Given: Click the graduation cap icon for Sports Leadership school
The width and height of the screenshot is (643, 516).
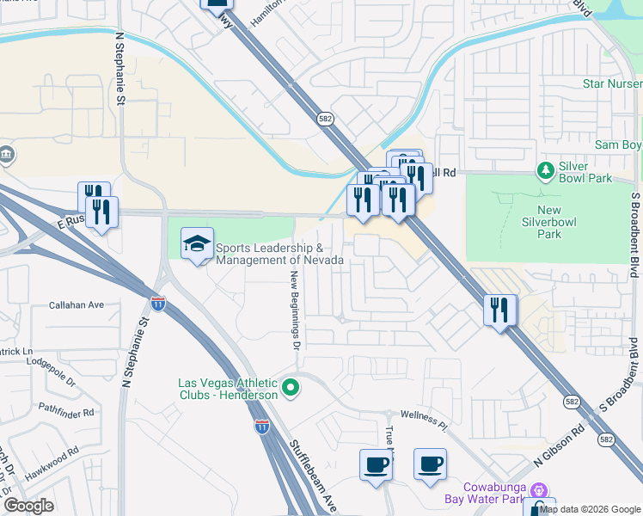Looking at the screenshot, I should (x=197, y=243).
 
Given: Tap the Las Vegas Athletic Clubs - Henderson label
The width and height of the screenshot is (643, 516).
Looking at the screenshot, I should (x=228, y=389).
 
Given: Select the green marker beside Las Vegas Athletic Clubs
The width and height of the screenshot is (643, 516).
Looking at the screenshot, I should (x=291, y=390).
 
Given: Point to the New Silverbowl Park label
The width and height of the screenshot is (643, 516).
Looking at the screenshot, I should (x=548, y=222).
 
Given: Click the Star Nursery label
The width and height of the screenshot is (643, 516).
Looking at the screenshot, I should (x=611, y=83).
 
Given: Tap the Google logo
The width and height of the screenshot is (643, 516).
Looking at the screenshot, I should (x=29, y=505).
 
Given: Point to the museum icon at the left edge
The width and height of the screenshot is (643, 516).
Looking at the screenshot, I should (x=6, y=154).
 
